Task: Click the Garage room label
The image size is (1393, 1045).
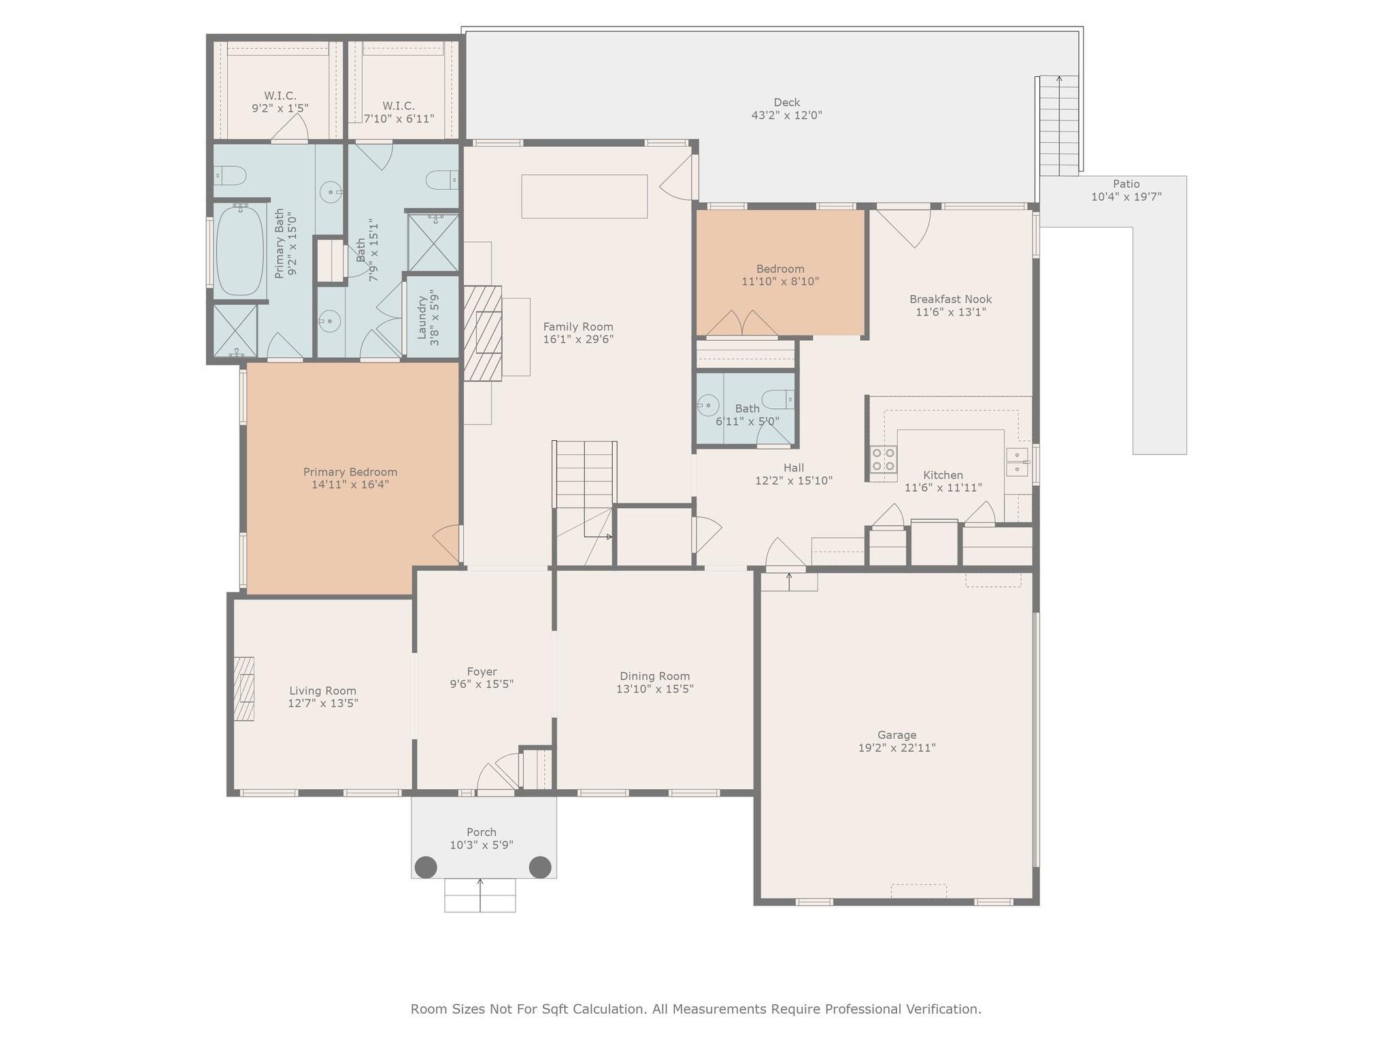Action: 896,735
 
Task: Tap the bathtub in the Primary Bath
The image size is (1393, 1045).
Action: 239,250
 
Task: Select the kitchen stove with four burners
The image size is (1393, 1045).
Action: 884,459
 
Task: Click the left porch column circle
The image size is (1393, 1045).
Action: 426,867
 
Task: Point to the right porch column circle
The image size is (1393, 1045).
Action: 540,867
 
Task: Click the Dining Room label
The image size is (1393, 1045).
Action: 654,676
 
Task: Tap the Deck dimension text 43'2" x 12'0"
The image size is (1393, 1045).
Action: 786,115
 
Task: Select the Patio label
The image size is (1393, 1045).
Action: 1126,184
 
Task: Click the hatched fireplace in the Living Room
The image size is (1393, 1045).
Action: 244,689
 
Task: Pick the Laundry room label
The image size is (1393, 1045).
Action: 422,317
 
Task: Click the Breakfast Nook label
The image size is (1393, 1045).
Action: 950,299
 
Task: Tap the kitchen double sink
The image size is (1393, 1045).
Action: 1018,462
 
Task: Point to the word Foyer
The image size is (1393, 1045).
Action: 482,671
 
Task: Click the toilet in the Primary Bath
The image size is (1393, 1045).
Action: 230,176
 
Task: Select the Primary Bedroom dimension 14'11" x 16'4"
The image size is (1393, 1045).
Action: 350,484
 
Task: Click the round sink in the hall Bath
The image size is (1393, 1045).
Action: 708,405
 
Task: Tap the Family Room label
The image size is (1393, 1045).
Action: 578,327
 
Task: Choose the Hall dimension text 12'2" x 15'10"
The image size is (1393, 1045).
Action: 794,480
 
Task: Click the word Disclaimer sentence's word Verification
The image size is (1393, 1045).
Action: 943,1009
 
